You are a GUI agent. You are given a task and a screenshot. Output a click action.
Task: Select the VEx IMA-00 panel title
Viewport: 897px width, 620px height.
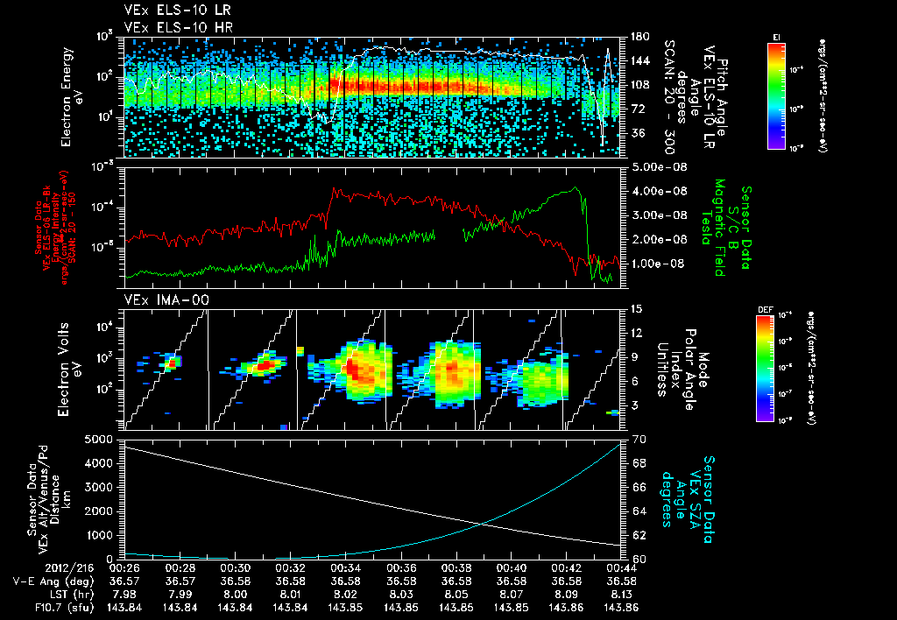point(159,300)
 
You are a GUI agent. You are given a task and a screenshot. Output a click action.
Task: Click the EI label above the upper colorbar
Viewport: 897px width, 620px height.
point(776,36)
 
